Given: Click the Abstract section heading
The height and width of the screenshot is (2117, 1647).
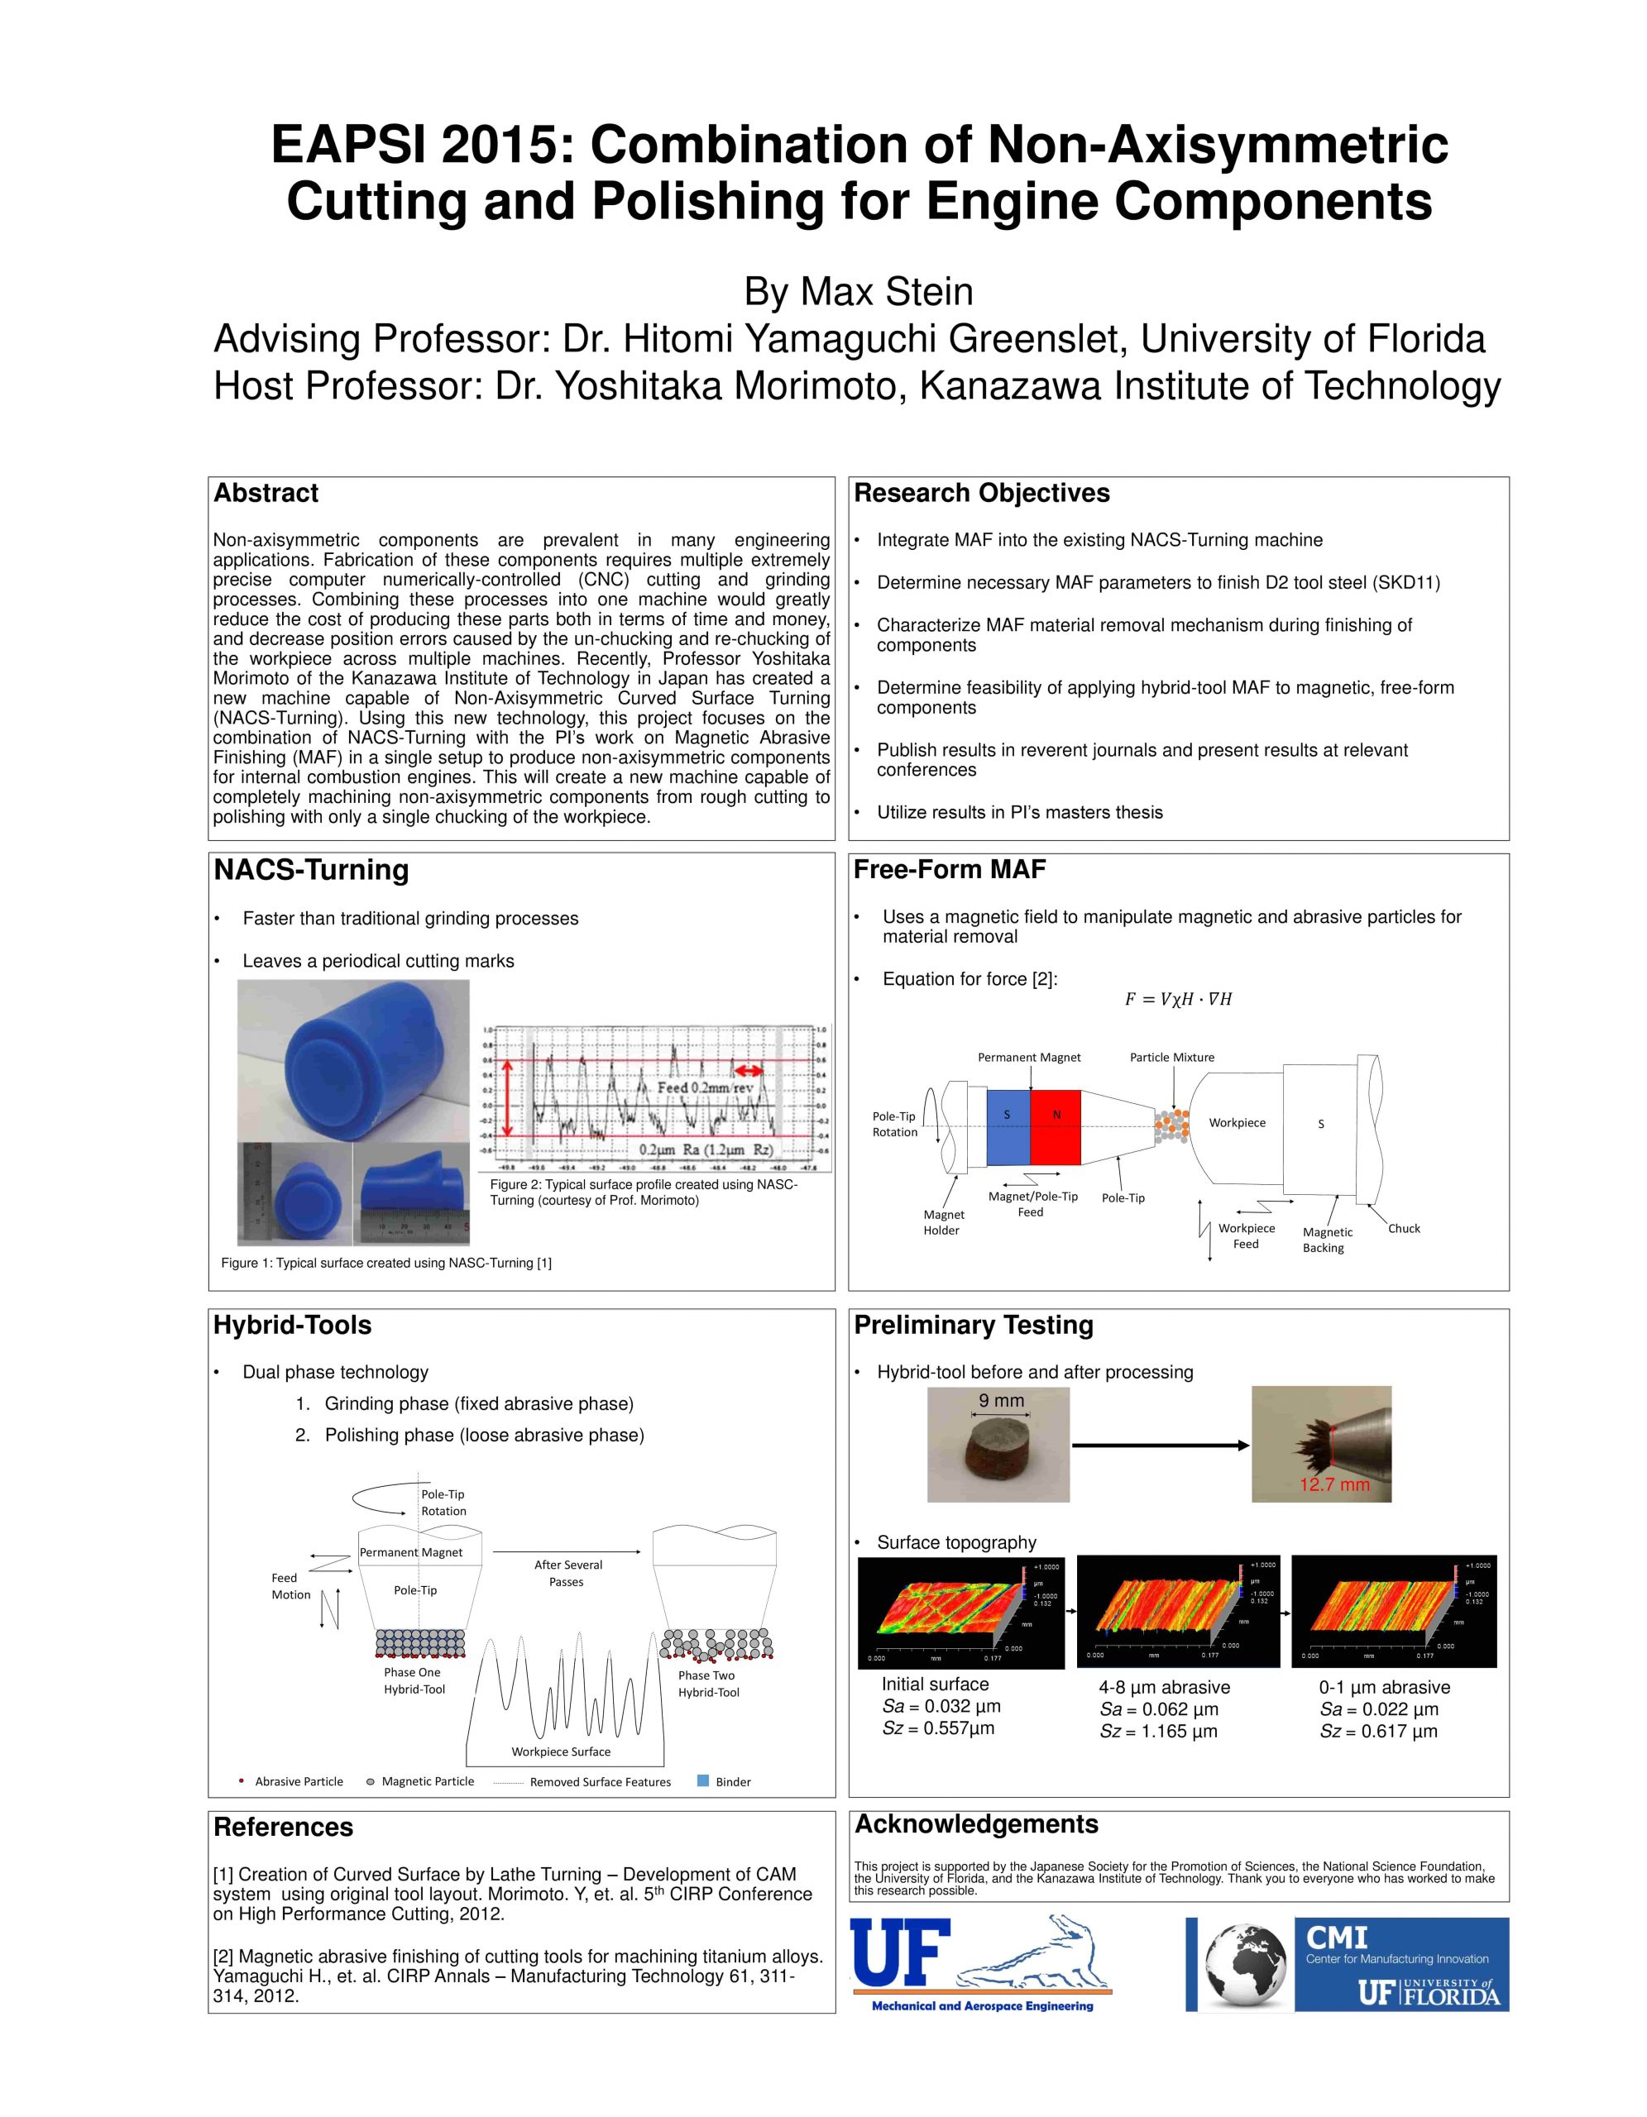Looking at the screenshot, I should coord(266,494).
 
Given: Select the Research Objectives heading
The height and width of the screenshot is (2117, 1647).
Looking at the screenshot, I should coord(981,494).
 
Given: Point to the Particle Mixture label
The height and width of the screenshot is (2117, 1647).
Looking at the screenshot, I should coord(1171,1058).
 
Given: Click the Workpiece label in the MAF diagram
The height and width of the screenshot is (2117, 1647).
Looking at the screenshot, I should coord(1237,1122).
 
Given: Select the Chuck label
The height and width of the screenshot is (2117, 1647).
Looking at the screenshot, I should coord(1403,1228).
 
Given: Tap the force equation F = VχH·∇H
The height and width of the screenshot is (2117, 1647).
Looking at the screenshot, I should coord(1177,999).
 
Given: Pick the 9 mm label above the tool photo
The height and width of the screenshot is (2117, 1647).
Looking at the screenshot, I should coord(1000,1401).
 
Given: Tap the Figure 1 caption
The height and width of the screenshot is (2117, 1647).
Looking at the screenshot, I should coord(385,1263).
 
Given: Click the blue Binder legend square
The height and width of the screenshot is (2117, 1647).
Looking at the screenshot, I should coord(704,1780).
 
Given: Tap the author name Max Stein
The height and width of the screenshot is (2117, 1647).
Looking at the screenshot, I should coord(858,292).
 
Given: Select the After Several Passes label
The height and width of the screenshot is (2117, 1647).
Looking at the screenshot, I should coord(567,1573).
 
